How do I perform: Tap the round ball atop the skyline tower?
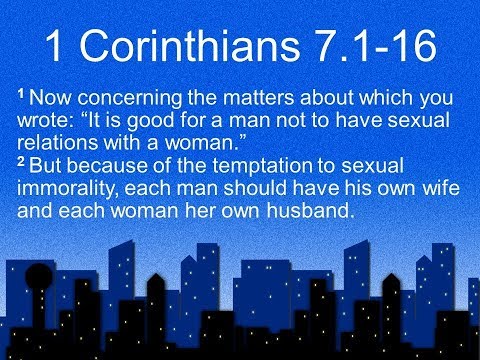(38, 274)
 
